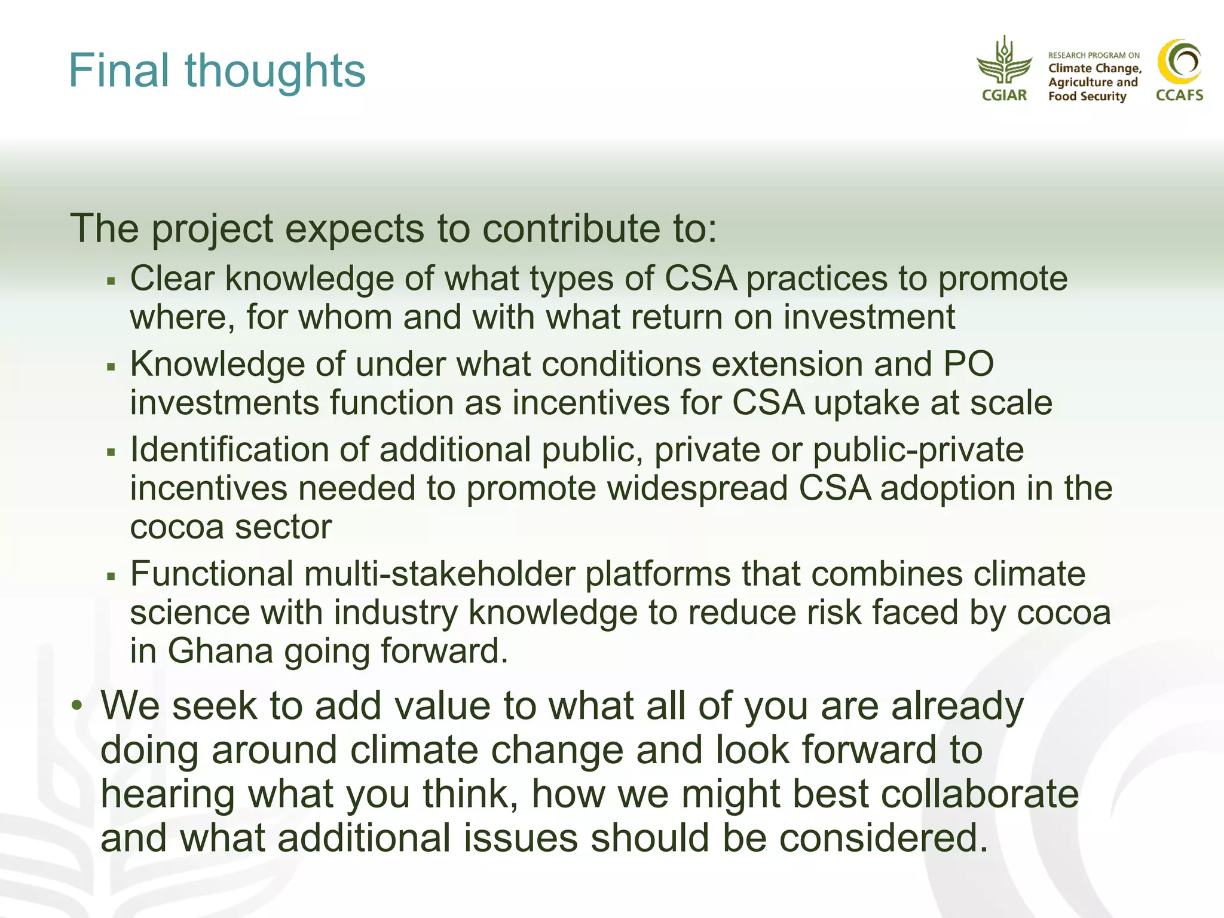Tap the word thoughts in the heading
coord(275,71)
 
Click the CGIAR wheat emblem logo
coord(1004,63)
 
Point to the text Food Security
coord(1087,96)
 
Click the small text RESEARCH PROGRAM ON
coord(1094,55)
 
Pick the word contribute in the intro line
coord(573,228)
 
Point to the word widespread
coord(697,488)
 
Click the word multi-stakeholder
coord(439,574)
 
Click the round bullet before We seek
coord(76,706)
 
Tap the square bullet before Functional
coord(111,576)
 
